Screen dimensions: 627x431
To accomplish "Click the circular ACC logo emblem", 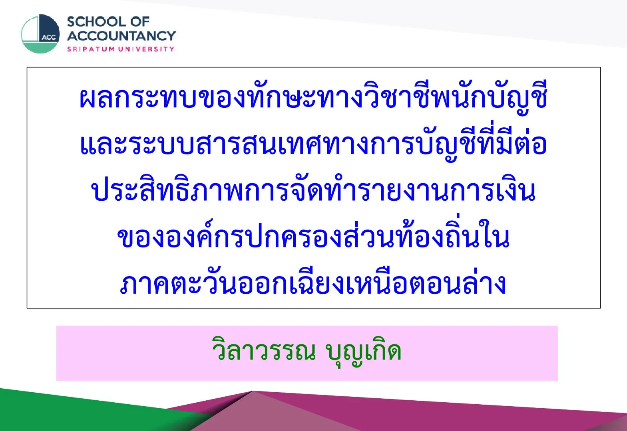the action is click(40, 34).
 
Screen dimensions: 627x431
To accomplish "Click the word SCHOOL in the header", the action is click(97, 22).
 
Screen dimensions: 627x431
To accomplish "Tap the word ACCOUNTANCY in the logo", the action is click(121, 36).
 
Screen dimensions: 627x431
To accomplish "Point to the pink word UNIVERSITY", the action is click(146, 49).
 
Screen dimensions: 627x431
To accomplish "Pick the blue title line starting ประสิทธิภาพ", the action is click(313, 190).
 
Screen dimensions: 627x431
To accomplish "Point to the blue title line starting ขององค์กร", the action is click(313, 235).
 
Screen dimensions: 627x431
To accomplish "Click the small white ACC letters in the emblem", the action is click(49, 38).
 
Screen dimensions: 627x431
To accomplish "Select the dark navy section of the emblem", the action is click(49, 28).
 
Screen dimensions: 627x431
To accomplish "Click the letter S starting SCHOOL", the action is click(72, 22).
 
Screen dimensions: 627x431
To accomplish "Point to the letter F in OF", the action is click(145, 22).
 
